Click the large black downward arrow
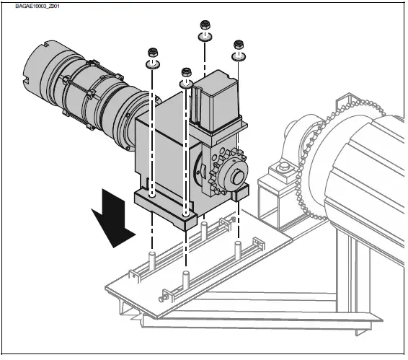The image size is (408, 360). [113, 214]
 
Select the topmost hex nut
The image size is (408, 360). [205, 27]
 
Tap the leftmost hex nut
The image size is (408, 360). [152, 53]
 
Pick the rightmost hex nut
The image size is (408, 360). [239, 45]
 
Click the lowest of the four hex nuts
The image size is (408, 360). [187, 72]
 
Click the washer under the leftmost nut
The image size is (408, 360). [152, 63]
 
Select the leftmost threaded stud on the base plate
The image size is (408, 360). [152, 259]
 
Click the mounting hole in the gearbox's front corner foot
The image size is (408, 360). [186, 214]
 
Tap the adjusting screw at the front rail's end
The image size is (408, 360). [161, 298]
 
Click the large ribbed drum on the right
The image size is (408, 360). [360, 173]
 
